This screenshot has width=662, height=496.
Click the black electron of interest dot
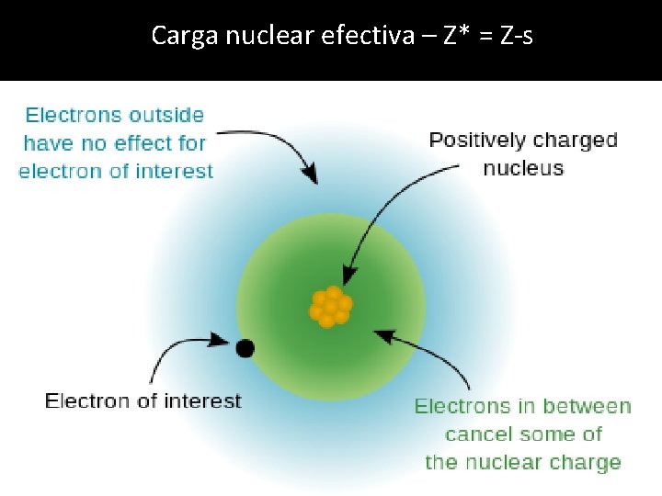click(245, 348)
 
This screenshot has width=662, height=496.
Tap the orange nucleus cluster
click(330, 307)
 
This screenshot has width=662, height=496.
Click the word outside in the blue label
click(166, 115)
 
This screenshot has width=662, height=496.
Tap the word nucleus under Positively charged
click(523, 168)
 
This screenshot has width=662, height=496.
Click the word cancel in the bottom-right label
click(476, 434)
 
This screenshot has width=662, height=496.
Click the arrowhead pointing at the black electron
click(223, 341)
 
